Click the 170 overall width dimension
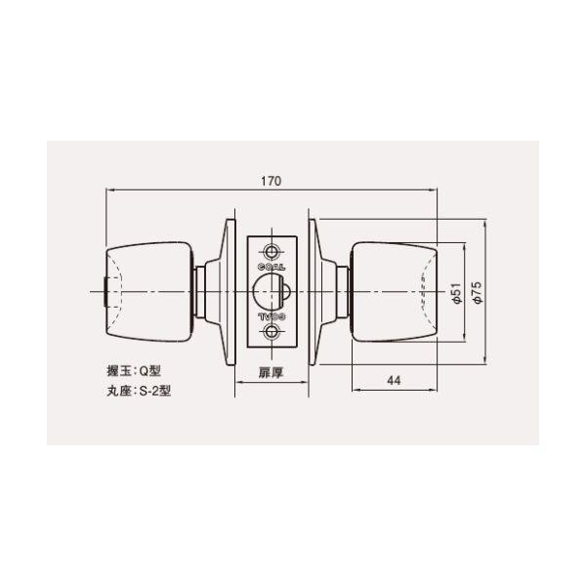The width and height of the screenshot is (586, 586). (272, 181)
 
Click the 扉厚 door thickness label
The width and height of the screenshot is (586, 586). (271, 372)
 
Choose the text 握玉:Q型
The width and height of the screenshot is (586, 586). (134, 371)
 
